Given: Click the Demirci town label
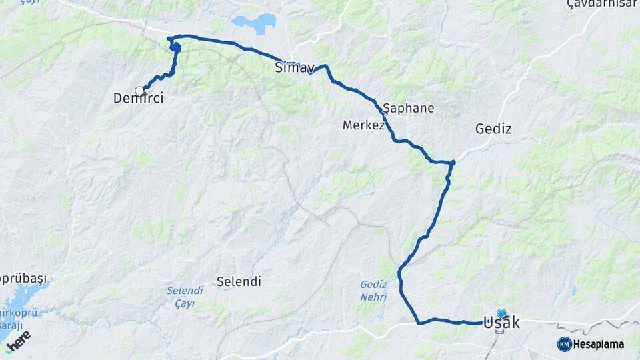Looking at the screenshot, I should pos(138,99).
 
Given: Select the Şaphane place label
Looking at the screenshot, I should pos(409,108).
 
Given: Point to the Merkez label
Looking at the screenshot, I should pos(363,125).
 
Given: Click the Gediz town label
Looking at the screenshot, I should pos(493,129).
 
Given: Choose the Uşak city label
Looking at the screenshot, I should pos(501,323).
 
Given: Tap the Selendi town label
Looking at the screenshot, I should pos(238,281).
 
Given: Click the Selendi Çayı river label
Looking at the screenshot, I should pos(184,297).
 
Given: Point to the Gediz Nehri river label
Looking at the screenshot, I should pos(373,291).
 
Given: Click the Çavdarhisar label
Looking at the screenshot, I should pos(603,5).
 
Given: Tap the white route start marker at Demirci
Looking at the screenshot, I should pos(139,91).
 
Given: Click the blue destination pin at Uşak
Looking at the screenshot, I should pos(501,312).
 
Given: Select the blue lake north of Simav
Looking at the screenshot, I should pos(255,23).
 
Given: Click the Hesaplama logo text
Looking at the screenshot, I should pos(598,344).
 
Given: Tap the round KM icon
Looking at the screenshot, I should pos(564,344).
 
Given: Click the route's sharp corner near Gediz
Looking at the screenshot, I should pos(453,162).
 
